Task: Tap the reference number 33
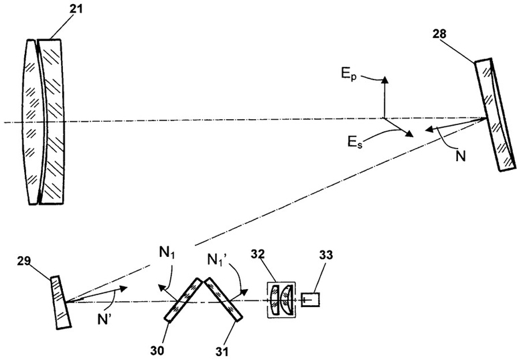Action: click(326, 255)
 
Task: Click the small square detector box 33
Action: click(311, 300)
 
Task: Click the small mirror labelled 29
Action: click(60, 302)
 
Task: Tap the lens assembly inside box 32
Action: click(281, 300)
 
